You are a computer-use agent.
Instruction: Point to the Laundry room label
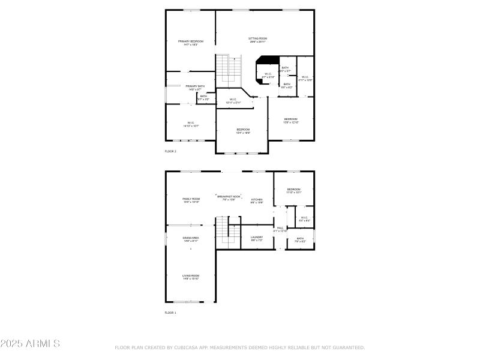[x=257, y=238]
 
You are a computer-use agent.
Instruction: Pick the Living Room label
[x=191, y=277]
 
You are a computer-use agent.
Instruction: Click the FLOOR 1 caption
[x=171, y=313]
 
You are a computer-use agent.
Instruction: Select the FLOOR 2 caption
[x=171, y=151]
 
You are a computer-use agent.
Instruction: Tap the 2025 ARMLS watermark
[x=30, y=344]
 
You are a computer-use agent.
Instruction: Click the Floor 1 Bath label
[x=300, y=240]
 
